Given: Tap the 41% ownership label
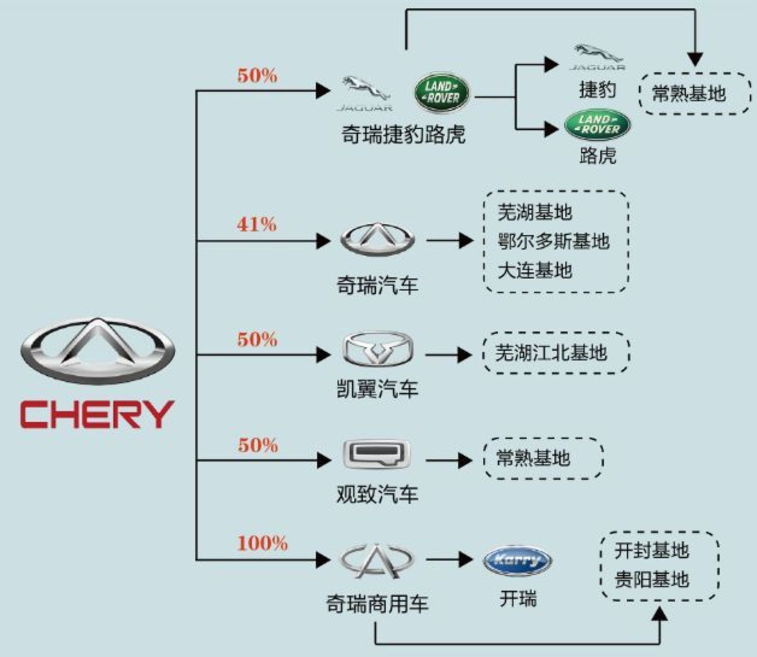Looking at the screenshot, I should (257, 224).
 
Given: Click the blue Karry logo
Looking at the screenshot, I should (517, 560).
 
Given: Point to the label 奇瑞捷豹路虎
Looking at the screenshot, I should (403, 134).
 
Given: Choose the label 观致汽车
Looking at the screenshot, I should (377, 494).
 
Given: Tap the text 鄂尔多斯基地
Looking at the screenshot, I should (553, 241).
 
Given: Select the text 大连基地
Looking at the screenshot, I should (535, 271).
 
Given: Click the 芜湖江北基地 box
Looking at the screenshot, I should (556, 353).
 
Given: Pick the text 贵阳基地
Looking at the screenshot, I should (651, 580).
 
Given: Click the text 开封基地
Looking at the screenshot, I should (651, 551).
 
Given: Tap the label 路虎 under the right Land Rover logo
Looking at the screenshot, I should (597, 155).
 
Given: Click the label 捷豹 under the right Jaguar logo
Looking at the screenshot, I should (597, 90).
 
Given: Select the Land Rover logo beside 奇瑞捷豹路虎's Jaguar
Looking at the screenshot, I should (442, 93).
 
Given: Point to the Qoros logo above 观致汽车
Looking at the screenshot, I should (377, 455).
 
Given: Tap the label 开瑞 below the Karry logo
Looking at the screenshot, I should (518, 599).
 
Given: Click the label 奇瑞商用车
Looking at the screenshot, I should (377, 604).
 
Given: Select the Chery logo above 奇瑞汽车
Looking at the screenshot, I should (377, 239).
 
